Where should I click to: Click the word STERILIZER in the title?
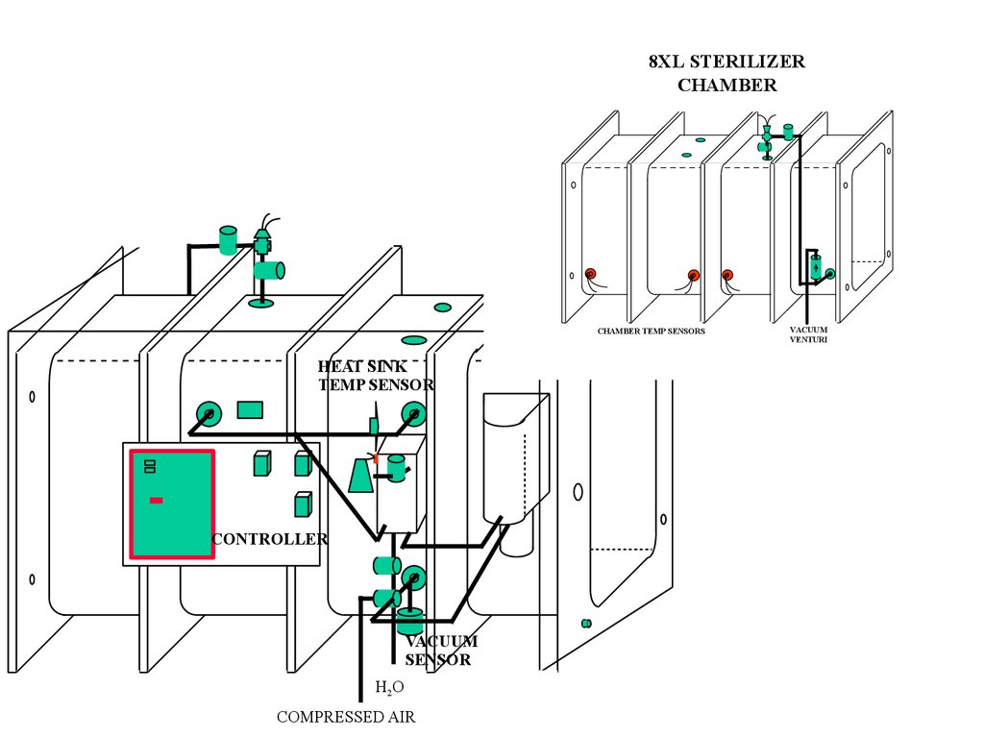pos(747,61)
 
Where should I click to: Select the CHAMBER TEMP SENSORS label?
pos(651,331)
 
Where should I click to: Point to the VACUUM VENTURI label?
pos(808,334)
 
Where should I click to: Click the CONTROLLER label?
pos(270,539)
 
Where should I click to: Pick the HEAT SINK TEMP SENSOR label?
pos(376,376)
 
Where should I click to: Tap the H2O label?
pos(389,688)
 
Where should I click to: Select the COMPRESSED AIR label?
pos(346,717)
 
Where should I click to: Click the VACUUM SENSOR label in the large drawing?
pos(440,651)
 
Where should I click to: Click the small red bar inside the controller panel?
pos(157,500)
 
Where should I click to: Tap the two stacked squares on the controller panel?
pos(150,466)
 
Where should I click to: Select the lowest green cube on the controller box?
pos(303,504)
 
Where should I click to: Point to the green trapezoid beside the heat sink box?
pos(360,475)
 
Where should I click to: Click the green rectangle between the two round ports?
pos(250,410)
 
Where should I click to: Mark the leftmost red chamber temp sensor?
pos(591,274)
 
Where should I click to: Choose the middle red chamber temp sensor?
pos(694,275)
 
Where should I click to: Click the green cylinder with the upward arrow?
pos(815,267)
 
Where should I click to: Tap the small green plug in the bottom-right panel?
pos(586,623)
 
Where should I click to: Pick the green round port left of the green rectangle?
pos(209,414)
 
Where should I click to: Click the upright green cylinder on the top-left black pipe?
pos(228,240)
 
